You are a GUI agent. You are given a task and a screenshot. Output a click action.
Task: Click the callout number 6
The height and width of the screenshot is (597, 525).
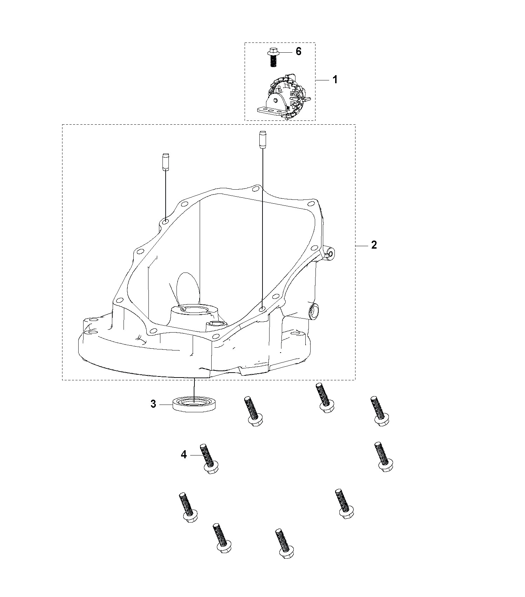click(x=298, y=51)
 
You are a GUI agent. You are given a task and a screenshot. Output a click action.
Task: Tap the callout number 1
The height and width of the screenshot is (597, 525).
click(x=335, y=80)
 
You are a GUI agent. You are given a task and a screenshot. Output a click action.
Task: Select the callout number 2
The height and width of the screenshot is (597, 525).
click(x=374, y=245)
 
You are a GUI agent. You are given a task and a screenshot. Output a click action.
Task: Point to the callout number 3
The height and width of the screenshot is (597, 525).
click(x=153, y=404)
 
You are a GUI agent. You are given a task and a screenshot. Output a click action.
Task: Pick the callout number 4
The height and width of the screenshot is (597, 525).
click(x=184, y=455)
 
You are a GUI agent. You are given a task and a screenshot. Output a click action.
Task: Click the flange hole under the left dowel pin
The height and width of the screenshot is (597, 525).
click(x=165, y=222)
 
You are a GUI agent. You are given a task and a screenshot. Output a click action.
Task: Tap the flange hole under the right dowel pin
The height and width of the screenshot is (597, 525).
click(x=262, y=309)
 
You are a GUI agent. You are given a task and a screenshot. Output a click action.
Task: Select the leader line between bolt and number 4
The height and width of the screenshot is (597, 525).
click(x=195, y=455)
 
